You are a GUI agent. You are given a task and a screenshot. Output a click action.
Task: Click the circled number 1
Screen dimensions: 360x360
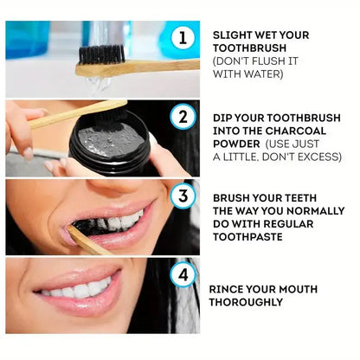183,38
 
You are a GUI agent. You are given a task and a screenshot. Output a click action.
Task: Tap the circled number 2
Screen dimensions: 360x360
183,116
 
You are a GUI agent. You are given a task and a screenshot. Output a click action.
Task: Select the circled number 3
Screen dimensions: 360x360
183,196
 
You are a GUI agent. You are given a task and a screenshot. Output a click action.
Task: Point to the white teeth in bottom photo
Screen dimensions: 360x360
78,289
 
